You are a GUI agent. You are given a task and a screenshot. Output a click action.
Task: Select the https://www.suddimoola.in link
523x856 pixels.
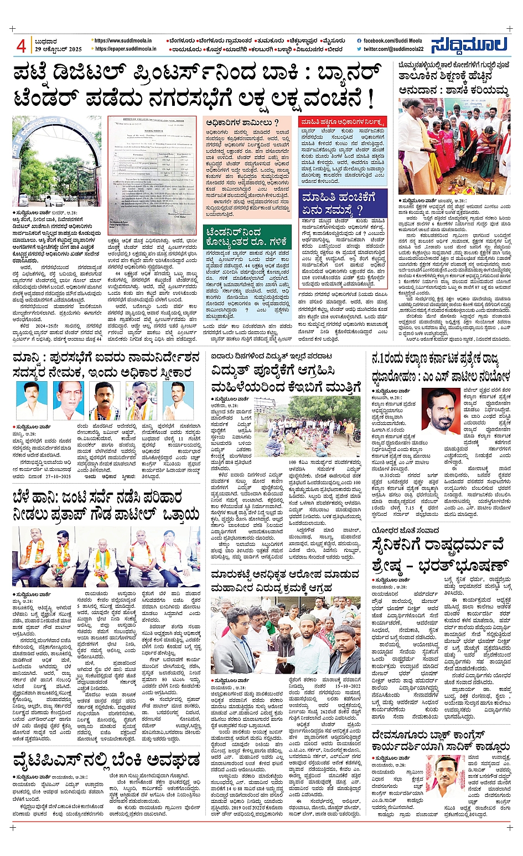point(124,40)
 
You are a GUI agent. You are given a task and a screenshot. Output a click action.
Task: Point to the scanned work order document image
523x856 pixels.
point(152,175)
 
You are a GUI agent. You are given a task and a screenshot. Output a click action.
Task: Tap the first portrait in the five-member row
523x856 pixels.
point(32,400)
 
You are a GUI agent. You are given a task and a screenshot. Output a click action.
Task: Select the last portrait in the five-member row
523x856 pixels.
point(178,400)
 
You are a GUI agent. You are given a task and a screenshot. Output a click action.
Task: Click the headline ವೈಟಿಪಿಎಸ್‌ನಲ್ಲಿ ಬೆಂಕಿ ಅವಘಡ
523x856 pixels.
point(106,758)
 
